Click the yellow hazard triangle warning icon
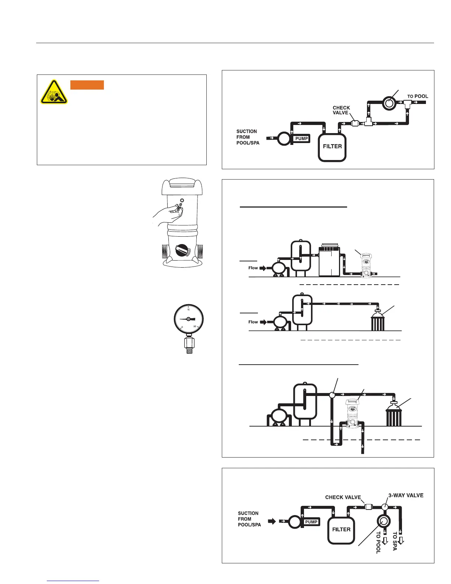pos(54,92)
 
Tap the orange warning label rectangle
pos(87,85)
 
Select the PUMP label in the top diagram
pos(301,139)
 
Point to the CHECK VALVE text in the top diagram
pos(341,110)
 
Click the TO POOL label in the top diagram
pos(417,96)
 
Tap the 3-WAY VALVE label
pos(406,495)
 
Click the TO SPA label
pos(395,541)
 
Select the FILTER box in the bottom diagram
pos(341,530)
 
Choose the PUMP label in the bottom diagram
pos(311,522)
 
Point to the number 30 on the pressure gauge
pos(195,327)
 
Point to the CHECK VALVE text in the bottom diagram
pos(343,497)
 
